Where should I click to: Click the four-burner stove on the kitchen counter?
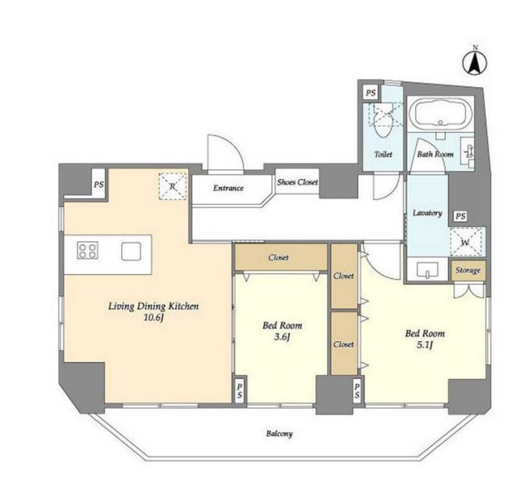point(87,250)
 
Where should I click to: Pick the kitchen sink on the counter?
point(131,251)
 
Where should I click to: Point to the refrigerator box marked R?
point(172,186)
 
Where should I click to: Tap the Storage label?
point(468,271)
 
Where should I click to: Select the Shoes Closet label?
point(297,182)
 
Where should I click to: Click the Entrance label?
point(228,188)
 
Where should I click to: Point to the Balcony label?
point(279,434)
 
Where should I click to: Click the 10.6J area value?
point(153,318)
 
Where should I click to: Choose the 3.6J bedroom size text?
point(282,337)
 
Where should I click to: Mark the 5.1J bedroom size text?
point(425,345)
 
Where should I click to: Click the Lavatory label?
point(428,213)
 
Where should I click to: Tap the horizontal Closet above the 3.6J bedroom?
point(281,258)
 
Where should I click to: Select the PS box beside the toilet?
point(371,92)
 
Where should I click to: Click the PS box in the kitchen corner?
point(98,185)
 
